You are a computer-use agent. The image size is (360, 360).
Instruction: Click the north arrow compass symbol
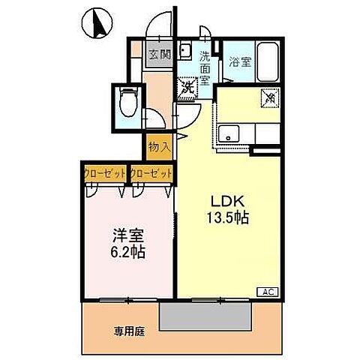(95, 23)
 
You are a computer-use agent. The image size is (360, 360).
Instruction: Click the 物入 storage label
(159, 145)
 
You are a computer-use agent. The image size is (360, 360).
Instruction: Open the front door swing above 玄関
(159, 27)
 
